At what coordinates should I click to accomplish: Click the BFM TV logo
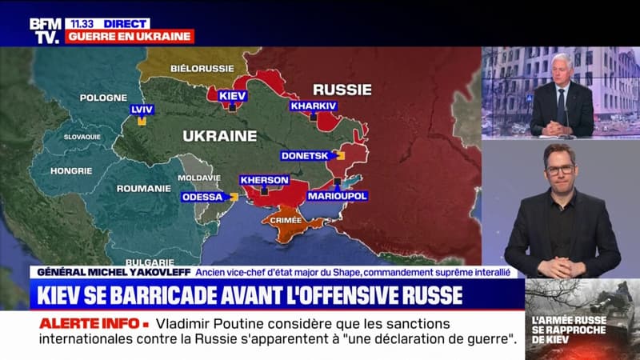click(x=45, y=30)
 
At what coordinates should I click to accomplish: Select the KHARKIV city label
click(x=314, y=106)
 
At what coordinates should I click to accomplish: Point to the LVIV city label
click(x=142, y=110)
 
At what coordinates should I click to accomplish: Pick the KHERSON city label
click(x=264, y=180)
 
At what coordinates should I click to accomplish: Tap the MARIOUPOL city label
click(x=338, y=195)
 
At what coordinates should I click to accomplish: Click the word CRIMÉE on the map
click(x=286, y=219)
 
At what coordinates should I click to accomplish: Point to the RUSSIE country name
click(x=343, y=89)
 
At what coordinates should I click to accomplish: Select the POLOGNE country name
click(x=103, y=98)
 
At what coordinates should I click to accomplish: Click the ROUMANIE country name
click(x=138, y=189)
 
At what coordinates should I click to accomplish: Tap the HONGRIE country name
click(x=71, y=170)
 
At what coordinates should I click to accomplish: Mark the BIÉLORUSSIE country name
click(x=201, y=70)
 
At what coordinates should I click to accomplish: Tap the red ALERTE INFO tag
click(x=90, y=323)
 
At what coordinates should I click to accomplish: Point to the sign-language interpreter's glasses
click(x=560, y=169)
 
